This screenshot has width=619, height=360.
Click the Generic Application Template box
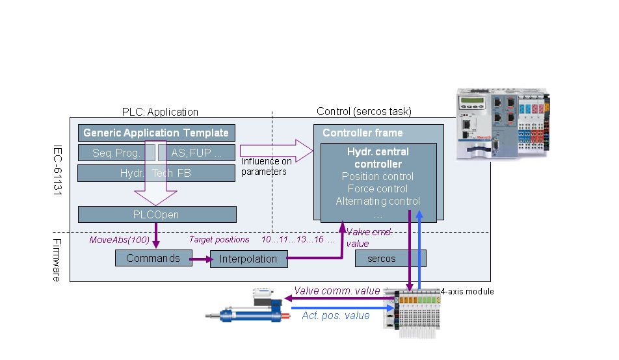point(156,133)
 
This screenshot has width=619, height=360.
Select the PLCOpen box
point(157,214)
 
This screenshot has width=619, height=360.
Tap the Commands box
point(153,258)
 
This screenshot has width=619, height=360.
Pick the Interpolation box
point(248,259)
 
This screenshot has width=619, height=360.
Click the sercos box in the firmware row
point(390,259)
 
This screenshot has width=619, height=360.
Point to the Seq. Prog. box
point(116,153)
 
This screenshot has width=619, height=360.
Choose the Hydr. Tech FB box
point(156,173)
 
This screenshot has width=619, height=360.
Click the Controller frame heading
point(362,133)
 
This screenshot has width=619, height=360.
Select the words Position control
point(378,176)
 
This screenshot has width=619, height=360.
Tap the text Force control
point(378,188)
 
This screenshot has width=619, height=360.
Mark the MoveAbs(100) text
point(119,240)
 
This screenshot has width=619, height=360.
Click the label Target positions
point(219,240)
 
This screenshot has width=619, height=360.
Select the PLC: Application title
point(160,112)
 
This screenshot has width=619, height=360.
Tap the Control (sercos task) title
point(363,112)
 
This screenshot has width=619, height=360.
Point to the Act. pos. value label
point(336,316)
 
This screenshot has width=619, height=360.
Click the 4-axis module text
point(467,292)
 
